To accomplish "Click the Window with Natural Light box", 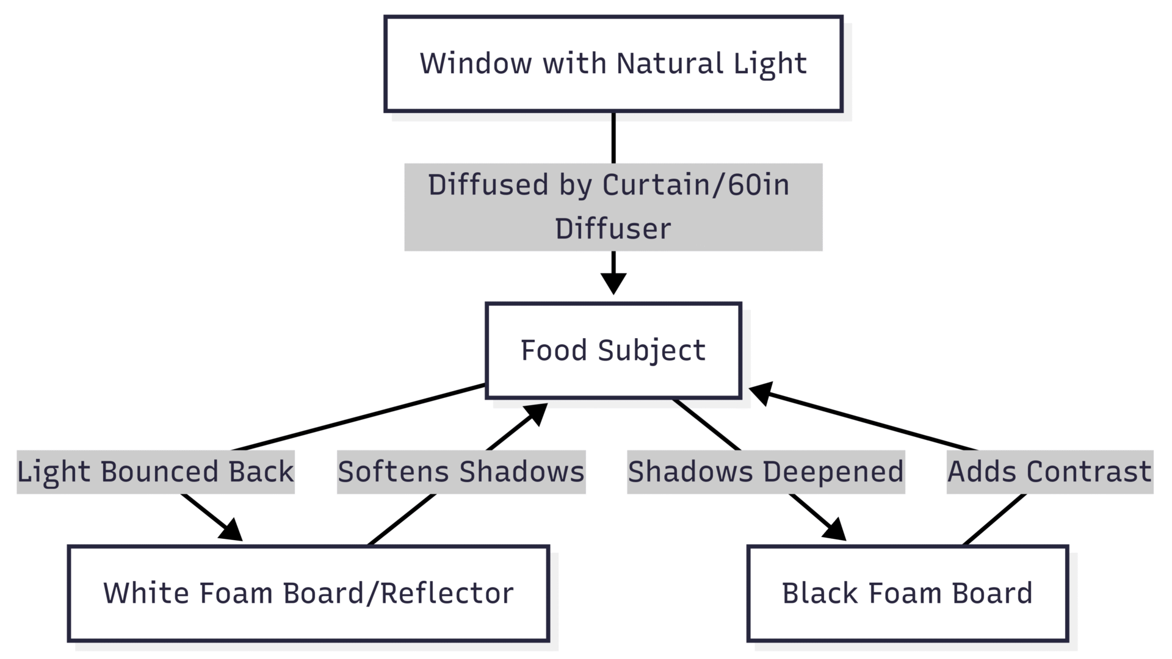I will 613,64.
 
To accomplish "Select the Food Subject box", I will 613,350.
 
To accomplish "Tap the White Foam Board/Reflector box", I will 308,593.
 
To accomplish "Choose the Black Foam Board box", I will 908,593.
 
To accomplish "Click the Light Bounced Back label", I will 156,472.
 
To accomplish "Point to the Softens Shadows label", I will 461,472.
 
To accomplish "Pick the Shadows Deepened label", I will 766,472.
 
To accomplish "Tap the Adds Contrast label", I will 1050,472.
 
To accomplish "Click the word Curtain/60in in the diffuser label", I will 696,185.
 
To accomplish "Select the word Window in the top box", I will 476,63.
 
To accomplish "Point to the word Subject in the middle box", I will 651,351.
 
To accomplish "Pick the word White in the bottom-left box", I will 146,593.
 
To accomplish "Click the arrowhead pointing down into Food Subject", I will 613,284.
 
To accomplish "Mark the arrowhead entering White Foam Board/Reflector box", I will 231,531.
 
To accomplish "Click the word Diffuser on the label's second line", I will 613,229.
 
